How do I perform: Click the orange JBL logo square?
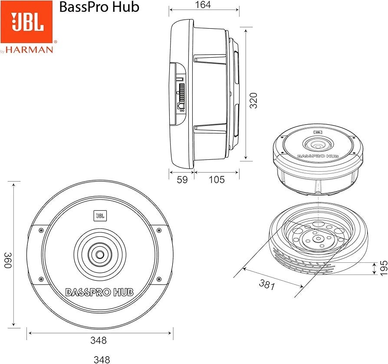26,22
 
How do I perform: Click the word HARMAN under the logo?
29,50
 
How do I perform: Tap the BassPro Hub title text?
99,7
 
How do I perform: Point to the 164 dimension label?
203,5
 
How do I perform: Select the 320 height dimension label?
253,100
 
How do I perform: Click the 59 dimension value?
182,180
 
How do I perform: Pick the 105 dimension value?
217,179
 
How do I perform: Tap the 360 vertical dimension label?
8,260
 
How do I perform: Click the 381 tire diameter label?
267,284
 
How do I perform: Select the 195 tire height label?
383,268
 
